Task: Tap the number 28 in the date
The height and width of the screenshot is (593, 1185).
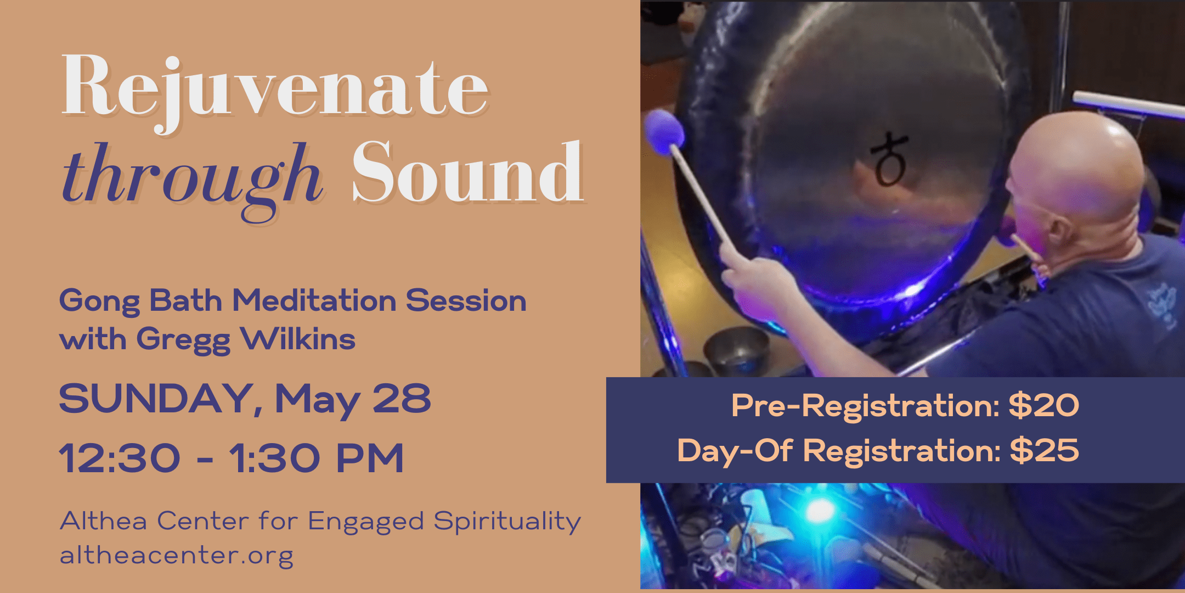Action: [x=402, y=399]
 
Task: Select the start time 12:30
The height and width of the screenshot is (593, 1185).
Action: [x=120, y=458]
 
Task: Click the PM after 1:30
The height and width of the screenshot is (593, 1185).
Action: [x=370, y=458]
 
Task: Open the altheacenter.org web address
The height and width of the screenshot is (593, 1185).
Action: [x=177, y=555]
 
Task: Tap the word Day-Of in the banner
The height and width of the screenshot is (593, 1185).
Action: [x=735, y=451]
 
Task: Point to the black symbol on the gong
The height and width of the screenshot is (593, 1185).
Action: [x=889, y=159]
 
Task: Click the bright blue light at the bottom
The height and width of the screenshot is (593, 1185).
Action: [x=819, y=511]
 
